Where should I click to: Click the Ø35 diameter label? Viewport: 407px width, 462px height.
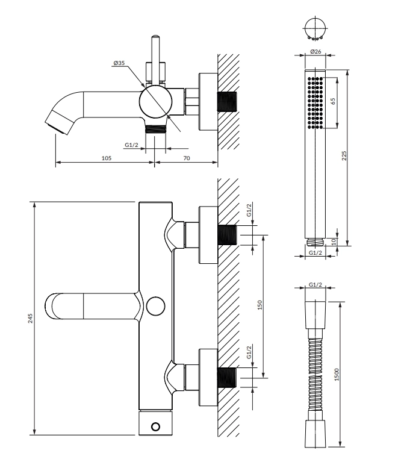point(119,63)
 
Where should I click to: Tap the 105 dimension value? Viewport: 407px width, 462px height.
point(107,158)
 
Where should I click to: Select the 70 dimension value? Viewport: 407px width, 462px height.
point(187,158)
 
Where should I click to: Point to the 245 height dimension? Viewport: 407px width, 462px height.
point(30,318)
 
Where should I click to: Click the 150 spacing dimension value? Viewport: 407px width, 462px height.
point(259,305)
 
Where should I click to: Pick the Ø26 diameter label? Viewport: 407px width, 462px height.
point(315,52)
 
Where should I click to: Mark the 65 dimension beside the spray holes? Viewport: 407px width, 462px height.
point(333,101)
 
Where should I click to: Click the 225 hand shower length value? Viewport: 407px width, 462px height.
point(344,155)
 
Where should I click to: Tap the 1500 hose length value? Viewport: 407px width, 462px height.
point(337,375)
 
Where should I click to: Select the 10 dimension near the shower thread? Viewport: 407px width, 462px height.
point(334,242)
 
